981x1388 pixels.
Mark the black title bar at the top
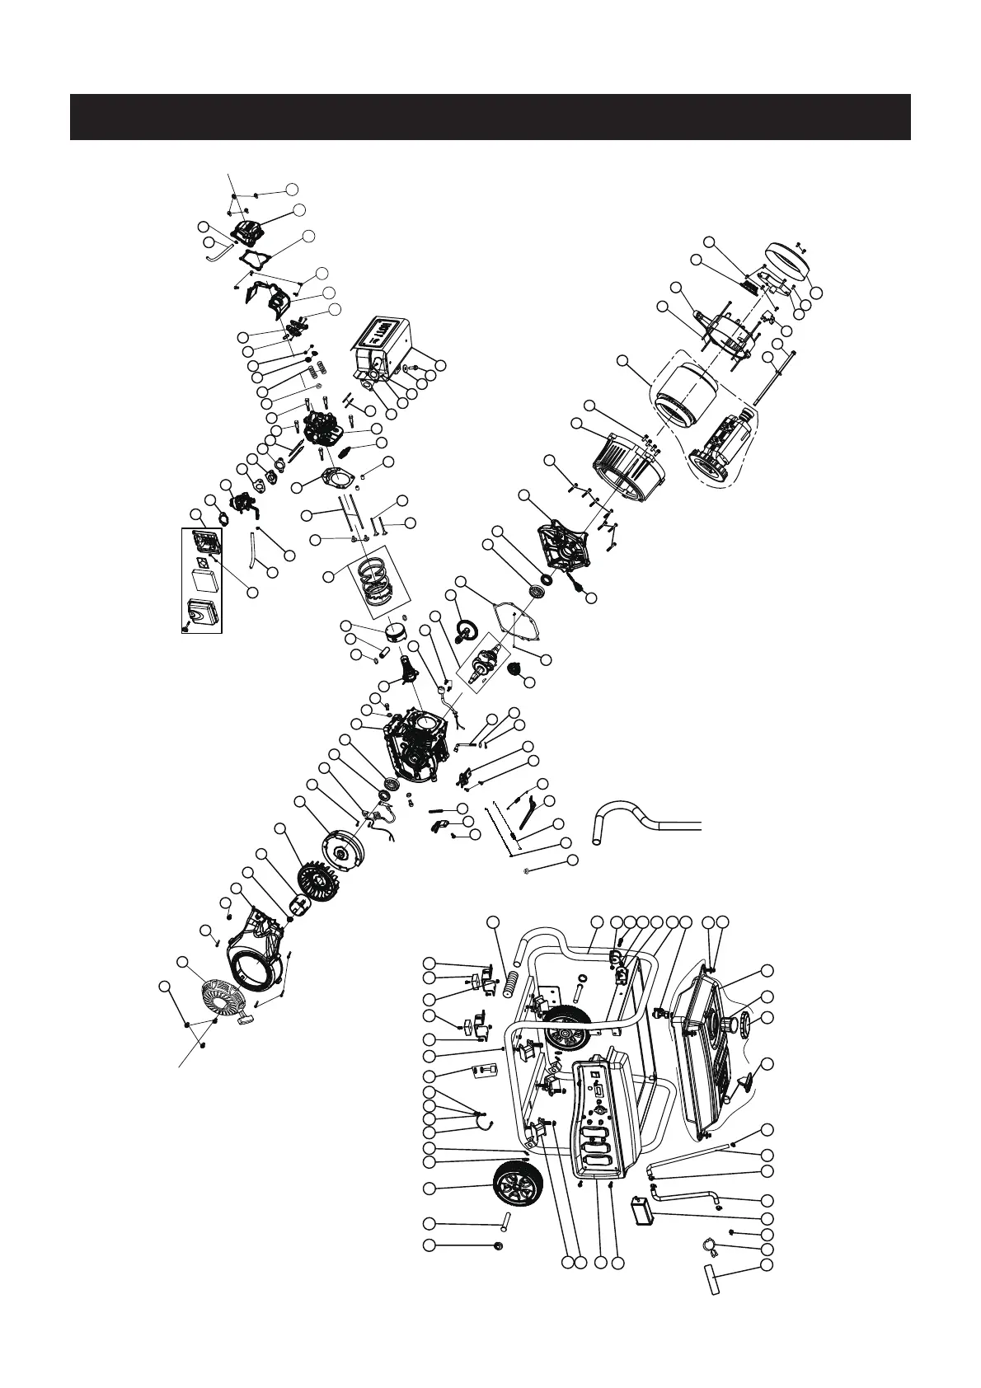(490, 117)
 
